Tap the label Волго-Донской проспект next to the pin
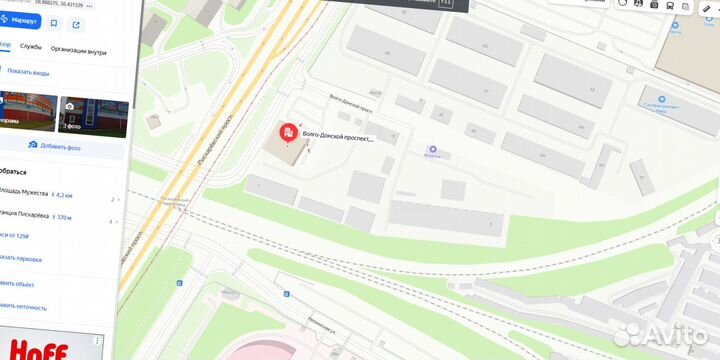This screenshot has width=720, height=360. [x=337, y=139]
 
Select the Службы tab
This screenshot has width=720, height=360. [x=30, y=46]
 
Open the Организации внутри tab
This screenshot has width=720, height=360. [x=78, y=46]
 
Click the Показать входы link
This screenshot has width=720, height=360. [x=28, y=71]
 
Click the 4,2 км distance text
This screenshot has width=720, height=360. [x=66, y=196]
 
